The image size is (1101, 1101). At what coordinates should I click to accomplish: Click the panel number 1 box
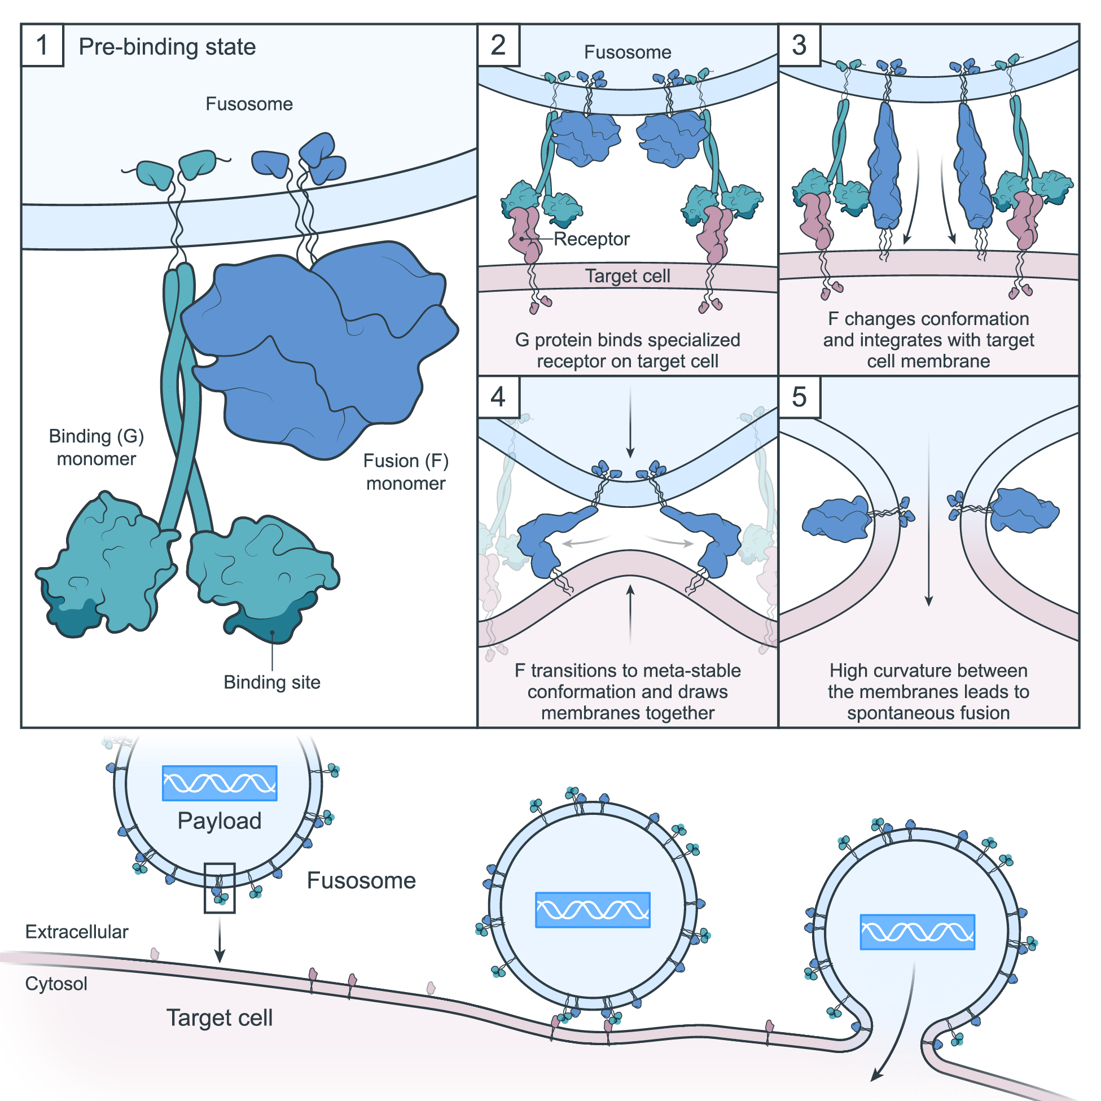pyautogui.click(x=42, y=45)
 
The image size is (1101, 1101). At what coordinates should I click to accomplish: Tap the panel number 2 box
pyautogui.click(x=498, y=45)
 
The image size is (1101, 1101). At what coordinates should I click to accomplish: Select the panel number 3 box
pyautogui.click(x=799, y=45)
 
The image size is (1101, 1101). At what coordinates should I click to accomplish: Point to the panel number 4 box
pyautogui.click(x=498, y=397)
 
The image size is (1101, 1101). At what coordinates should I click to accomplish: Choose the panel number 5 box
pyautogui.click(x=799, y=397)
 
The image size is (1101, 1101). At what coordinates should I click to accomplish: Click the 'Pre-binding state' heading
pyautogui.click(x=167, y=47)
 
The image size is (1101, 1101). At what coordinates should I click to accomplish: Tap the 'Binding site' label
pyautogui.click(x=272, y=682)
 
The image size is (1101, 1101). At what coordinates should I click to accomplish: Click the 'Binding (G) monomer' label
pyautogui.click(x=96, y=448)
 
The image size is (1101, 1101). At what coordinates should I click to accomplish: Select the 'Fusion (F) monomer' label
pyautogui.click(x=406, y=472)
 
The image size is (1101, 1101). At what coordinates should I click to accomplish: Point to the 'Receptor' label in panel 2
pyautogui.click(x=591, y=239)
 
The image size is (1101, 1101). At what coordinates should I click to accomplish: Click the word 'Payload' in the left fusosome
pyautogui.click(x=220, y=821)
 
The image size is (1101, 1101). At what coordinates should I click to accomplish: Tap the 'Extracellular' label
pyautogui.click(x=77, y=932)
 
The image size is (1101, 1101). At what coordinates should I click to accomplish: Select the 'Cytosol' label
pyautogui.click(x=56, y=984)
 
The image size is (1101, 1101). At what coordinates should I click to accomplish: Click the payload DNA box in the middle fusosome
pyautogui.click(x=593, y=910)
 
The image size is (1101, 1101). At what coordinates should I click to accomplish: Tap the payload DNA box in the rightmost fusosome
pyautogui.click(x=917, y=932)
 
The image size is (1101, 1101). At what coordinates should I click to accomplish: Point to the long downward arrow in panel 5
pyautogui.click(x=929, y=519)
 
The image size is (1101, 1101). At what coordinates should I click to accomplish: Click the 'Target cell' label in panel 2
pyautogui.click(x=628, y=276)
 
